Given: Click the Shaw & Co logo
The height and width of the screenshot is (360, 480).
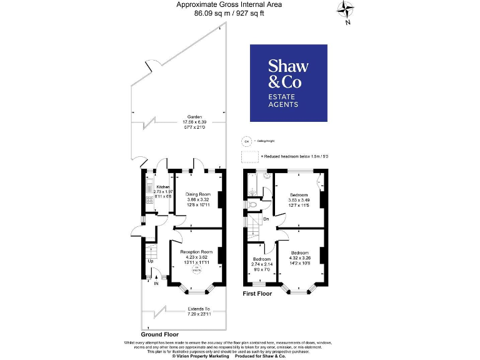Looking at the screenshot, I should coord(288,82).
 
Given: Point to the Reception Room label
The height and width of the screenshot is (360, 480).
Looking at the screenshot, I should coord(197,251).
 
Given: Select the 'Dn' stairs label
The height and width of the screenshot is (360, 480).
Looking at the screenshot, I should coord(265,218).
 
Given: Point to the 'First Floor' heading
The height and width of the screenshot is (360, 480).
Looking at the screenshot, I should coord(257,292).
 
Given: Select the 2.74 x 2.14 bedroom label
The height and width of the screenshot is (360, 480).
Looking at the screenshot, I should coord(261,263).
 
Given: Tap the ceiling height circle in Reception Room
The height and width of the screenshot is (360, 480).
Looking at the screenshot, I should coord(197,269).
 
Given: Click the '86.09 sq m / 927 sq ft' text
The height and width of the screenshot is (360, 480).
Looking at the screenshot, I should coord(229,12).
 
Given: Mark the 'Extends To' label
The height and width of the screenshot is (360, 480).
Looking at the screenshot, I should coord(197,308).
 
